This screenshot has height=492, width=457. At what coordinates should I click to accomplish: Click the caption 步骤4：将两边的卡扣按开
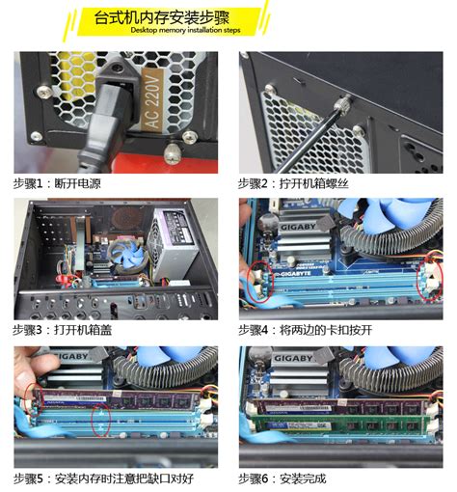309,330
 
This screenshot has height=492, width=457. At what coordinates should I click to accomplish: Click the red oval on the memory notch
97,420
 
